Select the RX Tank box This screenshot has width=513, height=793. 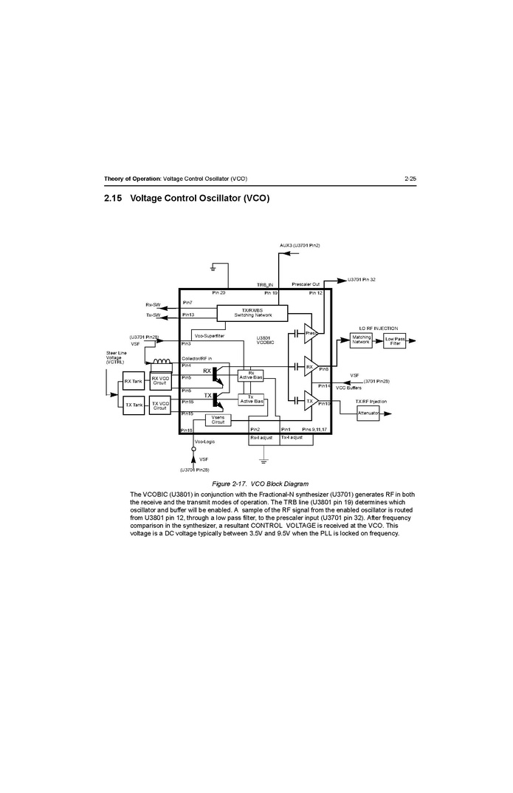click(x=134, y=382)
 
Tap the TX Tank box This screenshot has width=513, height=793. click(x=134, y=405)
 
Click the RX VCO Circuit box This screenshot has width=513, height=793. click(x=160, y=381)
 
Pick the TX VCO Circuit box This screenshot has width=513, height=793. click(x=160, y=405)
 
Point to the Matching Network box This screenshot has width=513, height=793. click(x=362, y=340)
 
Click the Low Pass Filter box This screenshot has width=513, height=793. click(x=394, y=340)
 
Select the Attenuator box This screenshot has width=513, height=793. click(x=368, y=413)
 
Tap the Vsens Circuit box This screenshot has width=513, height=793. click(x=218, y=419)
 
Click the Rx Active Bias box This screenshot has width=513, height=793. click(x=251, y=375)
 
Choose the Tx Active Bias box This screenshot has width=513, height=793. click(x=251, y=399)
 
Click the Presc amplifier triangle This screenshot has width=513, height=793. click(x=311, y=334)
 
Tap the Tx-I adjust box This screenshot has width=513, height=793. click(x=292, y=438)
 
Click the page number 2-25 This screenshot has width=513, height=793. click(x=410, y=179)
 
